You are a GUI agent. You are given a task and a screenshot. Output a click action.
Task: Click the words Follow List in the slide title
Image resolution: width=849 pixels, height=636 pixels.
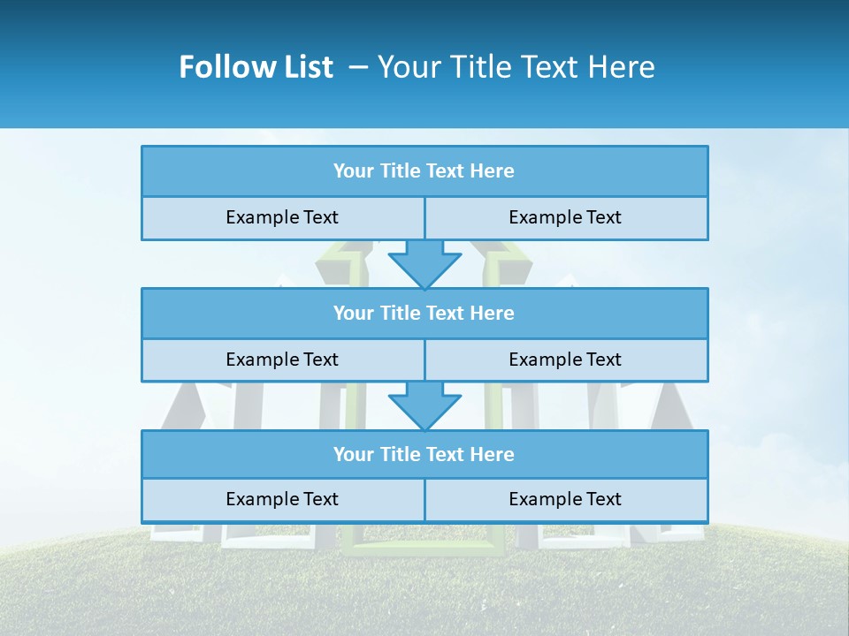[256, 67]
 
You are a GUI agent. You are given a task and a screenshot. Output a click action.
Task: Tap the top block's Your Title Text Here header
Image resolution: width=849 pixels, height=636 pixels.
[424, 171]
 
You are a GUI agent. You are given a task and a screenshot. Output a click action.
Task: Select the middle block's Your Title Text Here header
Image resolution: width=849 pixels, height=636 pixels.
[424, 313]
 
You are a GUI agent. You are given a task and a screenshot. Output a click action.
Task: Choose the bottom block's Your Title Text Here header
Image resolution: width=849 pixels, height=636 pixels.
[424, 454]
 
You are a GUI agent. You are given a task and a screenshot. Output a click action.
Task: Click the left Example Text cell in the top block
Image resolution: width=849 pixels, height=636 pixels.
[282, 217]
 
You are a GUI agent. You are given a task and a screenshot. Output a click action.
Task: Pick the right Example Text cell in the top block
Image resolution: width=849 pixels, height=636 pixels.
[565, 217]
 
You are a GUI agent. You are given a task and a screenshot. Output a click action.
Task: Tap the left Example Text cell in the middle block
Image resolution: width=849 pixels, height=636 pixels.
[282, 360]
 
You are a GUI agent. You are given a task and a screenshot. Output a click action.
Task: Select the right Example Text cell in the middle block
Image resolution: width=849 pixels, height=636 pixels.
[565, 360]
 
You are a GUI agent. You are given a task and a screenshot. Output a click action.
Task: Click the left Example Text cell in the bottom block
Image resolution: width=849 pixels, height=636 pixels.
[282, 499]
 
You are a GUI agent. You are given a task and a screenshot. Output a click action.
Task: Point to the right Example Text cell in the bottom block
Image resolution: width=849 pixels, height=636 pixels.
[565, 499]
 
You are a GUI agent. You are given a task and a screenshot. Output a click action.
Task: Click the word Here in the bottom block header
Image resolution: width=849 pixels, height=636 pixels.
[492, 454]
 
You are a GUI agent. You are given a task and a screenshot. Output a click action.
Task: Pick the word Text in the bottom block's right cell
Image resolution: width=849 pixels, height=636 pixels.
[602, 499]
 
